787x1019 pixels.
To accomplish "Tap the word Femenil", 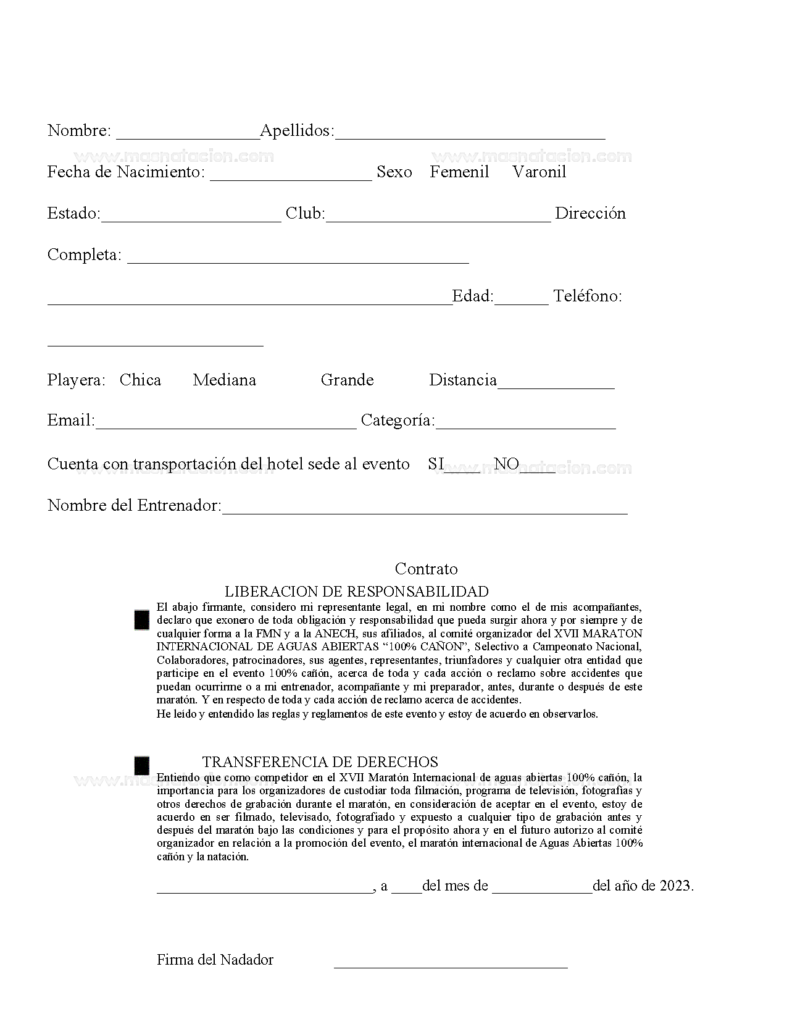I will point(459,172).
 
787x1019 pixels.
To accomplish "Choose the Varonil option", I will point(539,172).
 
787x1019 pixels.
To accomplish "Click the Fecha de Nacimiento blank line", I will point(291,175).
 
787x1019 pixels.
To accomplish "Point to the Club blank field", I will point(438,217).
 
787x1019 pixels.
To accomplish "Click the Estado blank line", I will point(191,217).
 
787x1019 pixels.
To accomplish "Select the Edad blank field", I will point(521,300).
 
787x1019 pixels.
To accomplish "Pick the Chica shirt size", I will point(140,380).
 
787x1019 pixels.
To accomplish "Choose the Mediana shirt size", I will point(224,380).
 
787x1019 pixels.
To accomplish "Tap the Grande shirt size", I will point(347,380).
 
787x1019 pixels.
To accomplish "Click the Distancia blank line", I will point(556,384).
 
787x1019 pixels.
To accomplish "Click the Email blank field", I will point(226,424).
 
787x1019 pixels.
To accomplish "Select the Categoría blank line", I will point(525,424).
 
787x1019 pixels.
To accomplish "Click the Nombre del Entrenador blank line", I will point(424,509).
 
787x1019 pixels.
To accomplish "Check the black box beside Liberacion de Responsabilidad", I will point(142,620).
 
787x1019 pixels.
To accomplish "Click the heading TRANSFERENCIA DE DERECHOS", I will point(320,762).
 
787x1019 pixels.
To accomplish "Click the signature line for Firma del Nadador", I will point(450,963).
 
